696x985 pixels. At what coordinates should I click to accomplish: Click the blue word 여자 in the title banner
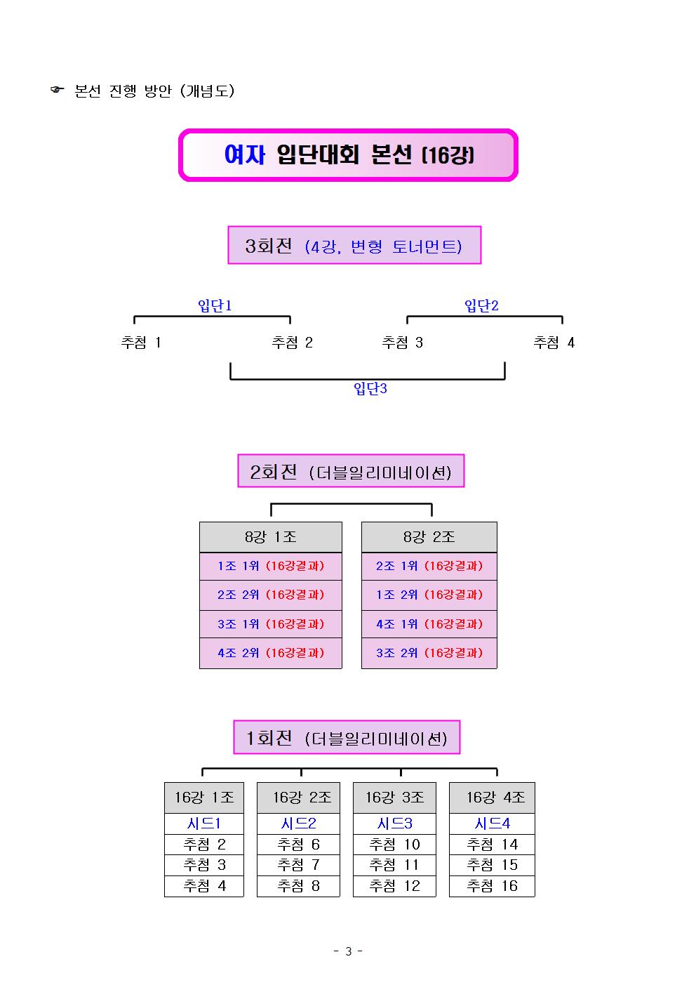tap(244, 154)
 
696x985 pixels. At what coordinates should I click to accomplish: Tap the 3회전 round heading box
tap(354, 245)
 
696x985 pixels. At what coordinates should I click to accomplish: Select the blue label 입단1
tap(215, 305)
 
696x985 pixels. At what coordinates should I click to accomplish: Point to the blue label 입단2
tap(481, 305)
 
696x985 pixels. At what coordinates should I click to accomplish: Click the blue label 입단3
tap(370, 388)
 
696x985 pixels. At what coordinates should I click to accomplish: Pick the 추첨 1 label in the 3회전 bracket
tap(140, 342)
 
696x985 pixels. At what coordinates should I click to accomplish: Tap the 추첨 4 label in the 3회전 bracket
tap(554, 342)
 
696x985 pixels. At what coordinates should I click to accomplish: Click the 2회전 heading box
tap(351, 470)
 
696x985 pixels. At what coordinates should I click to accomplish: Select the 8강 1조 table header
tap(271, 537)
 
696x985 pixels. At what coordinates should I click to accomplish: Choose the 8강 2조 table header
tap(429, 537)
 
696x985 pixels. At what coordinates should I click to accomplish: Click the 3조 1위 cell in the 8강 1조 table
tap(271, 624)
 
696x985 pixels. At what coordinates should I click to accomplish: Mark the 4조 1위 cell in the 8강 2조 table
tap(429, 624)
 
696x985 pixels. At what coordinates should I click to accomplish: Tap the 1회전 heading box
tap(346, 737)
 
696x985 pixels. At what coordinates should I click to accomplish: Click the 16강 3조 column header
tap(394, 798)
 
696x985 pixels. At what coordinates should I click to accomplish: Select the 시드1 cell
tap(204, 824)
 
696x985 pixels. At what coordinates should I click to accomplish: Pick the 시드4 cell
tap(492, 824)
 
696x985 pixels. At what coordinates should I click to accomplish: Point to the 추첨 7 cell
tap(298, 865)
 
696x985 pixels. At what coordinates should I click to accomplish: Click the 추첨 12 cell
tap(394, 885)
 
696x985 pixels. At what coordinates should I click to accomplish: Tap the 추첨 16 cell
tap(492, 885)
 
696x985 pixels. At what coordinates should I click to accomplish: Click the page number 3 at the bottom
tap(348, 951)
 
